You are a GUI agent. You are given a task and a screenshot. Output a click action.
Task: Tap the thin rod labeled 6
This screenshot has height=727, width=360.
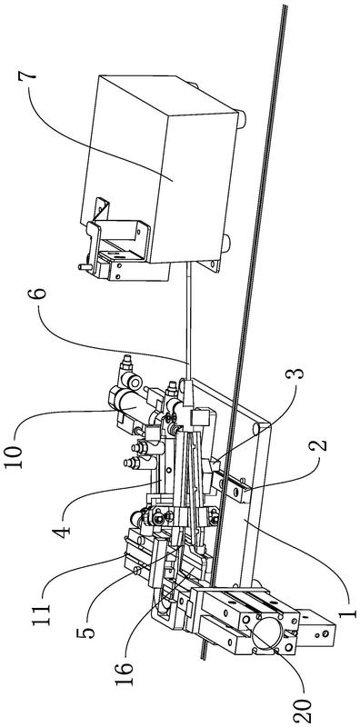tap(187, 320)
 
